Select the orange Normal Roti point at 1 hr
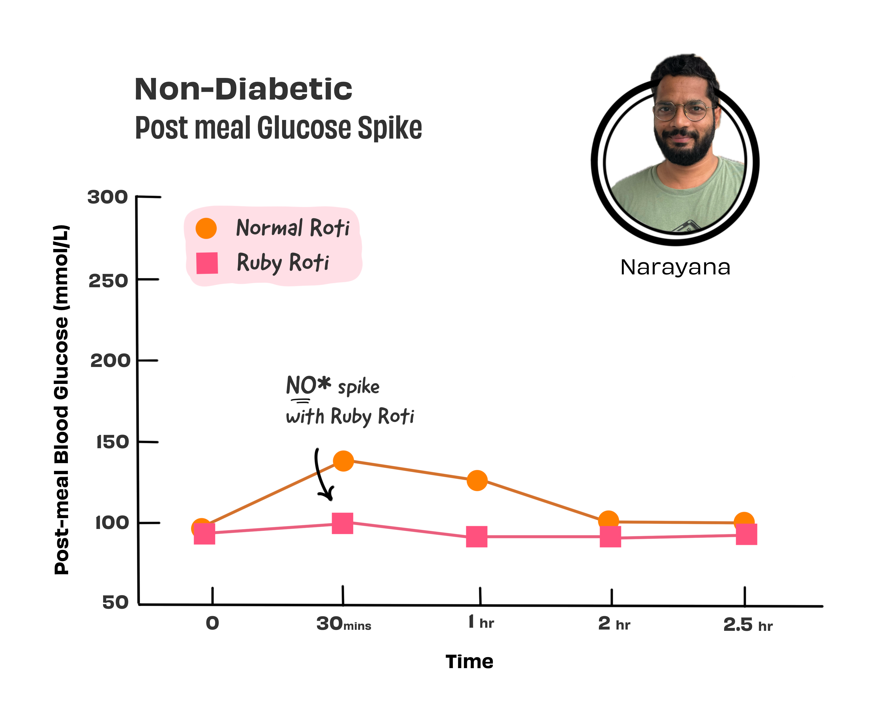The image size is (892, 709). click(477, 481)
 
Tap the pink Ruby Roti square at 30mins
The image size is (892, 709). click(343, 523)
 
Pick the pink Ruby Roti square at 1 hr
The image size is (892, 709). click(477, 537)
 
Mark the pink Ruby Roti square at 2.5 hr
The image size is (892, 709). click(746, 534)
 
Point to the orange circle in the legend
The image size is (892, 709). click(206, 228)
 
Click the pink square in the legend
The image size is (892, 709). click(207, 263)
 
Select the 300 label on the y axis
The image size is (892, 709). click(107, 198)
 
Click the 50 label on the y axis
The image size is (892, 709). click(115, 602)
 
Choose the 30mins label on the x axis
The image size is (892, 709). click(343, 624)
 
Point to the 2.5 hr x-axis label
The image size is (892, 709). click(747, 625)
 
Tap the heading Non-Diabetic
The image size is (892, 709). click(243, 89)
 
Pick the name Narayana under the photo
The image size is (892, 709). click(675, 267)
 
